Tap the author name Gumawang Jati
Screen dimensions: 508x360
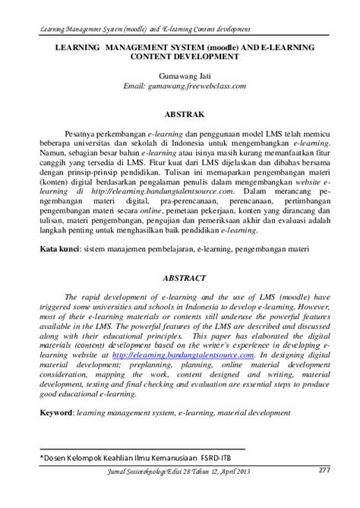[x=180, y=77]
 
